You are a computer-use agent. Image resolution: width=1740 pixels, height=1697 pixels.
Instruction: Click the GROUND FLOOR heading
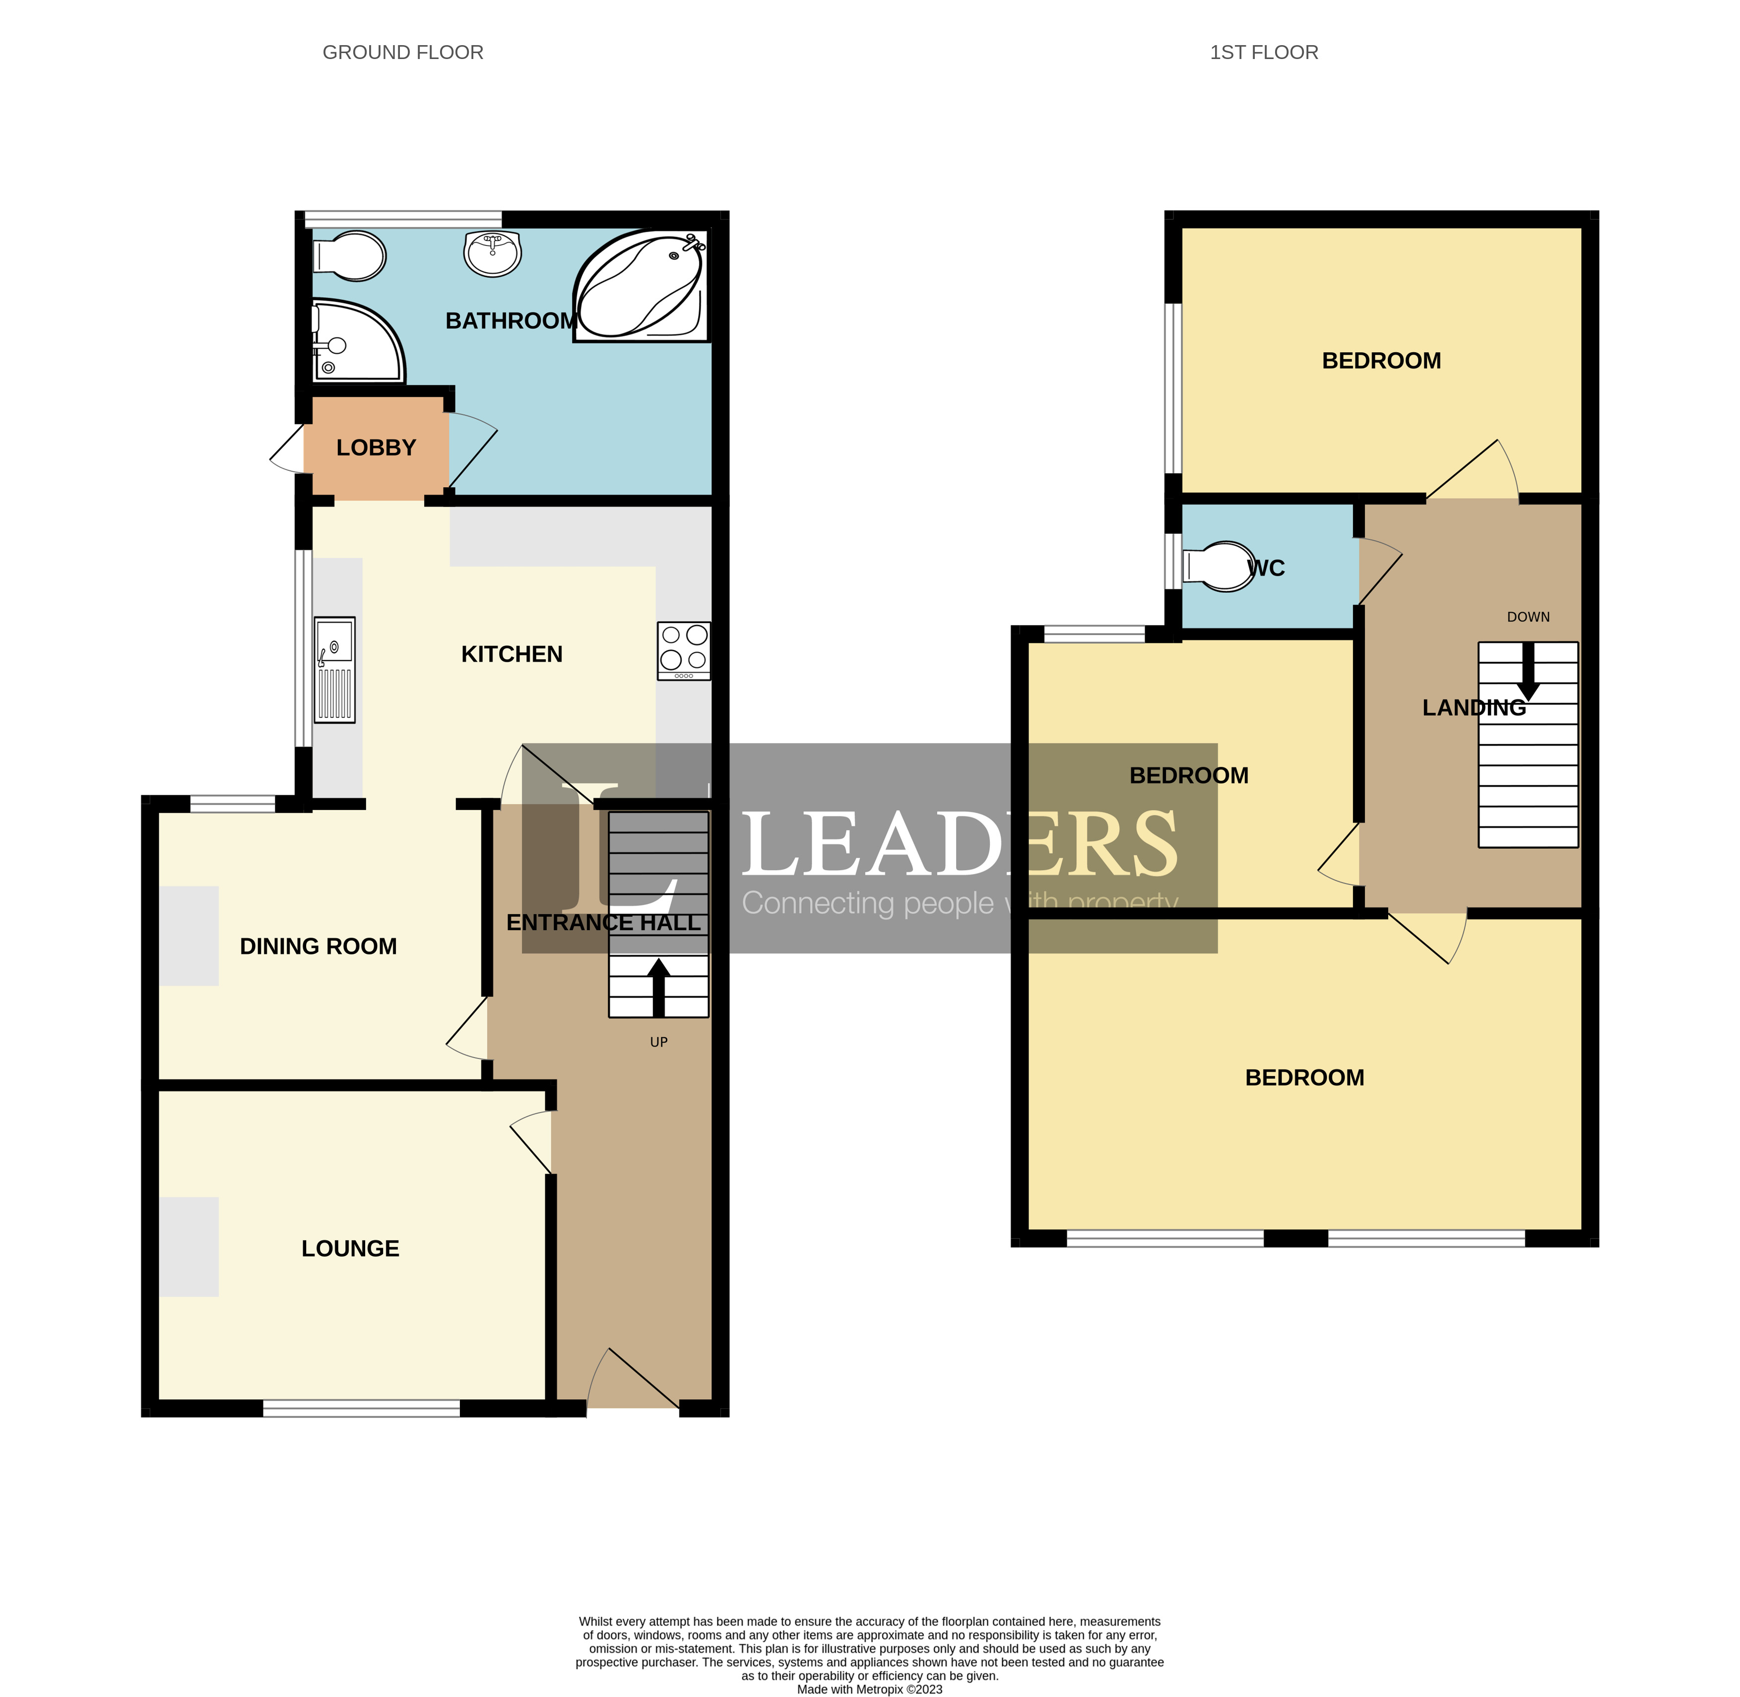(x=403, y=53)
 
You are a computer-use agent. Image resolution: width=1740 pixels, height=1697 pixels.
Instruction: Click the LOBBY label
(x=376, y=447)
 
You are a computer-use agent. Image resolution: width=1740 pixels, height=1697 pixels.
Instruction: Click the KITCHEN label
(x=512, y=654)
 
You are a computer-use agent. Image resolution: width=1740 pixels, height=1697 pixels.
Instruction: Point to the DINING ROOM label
(x=318, y=946)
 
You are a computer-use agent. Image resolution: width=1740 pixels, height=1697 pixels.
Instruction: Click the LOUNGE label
(x=350, y=1249)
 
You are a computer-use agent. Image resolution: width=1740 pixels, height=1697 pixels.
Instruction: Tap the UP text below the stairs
(x=659, y=1042)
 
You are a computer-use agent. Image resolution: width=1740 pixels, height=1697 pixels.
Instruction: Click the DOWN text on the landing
(x=1528, y=617)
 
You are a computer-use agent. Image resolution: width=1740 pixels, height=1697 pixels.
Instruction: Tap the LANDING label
(x=1474, y=708)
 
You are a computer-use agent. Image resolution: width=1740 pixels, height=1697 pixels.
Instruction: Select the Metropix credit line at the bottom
(x=869, y=1689)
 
